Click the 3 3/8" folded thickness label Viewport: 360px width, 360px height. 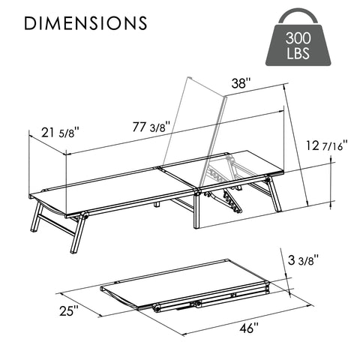[303, 261]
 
